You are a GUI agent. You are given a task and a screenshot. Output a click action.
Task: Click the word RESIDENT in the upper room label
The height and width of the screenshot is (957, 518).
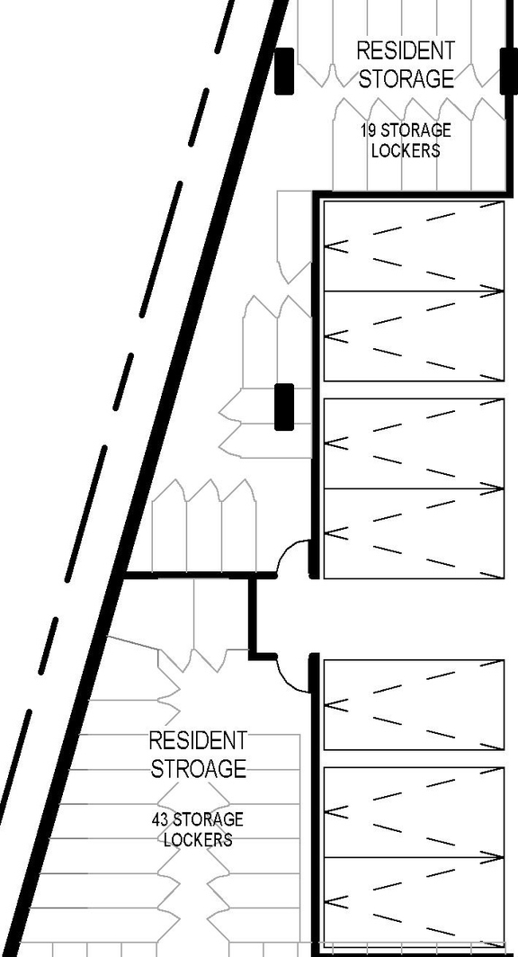click(406, 50)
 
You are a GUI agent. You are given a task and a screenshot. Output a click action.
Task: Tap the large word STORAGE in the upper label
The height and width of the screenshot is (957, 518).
click(406, 78)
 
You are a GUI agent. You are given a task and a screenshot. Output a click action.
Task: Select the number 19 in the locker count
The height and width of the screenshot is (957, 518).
click(369, 131)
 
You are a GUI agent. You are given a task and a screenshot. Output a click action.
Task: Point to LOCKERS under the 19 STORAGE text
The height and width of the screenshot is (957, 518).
click(406, 151)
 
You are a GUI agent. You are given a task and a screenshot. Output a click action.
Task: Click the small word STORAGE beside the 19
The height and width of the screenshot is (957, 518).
click(415, 131)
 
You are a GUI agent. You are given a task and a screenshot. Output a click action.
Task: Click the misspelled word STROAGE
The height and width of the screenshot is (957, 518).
click(198, 769)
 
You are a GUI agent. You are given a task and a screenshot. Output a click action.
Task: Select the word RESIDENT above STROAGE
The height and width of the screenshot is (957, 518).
click(198, 741)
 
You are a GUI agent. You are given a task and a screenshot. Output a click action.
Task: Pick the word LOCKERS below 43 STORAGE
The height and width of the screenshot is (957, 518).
click(198, 840)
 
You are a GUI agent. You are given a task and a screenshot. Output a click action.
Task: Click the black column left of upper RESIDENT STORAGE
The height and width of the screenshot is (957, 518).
click(284, 70)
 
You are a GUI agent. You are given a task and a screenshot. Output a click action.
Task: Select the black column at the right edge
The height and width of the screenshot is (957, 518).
click(509, 70)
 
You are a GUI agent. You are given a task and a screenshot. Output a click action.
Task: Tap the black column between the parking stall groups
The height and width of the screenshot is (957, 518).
click(284, 407)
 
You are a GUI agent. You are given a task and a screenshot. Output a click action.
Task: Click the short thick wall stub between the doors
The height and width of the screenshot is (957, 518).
click(254, 616)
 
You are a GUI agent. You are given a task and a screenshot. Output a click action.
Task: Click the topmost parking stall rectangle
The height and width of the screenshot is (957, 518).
click(413, 246)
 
